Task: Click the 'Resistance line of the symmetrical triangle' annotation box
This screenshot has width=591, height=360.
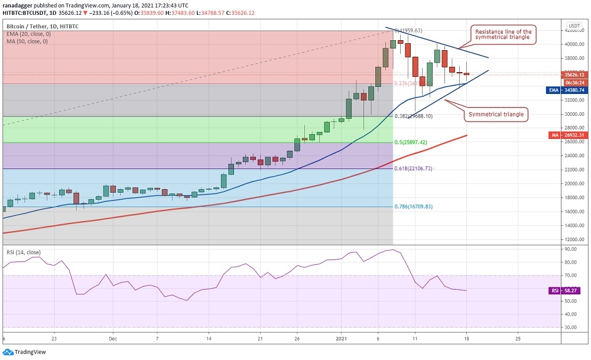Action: coord(502,34)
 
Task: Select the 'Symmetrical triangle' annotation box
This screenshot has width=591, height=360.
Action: coord(496,114)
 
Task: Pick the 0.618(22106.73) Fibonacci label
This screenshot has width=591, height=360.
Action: coord(414,168)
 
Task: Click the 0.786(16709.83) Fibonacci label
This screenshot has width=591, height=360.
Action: coord(414,207)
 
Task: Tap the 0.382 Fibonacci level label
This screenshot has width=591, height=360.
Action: coord(414,116)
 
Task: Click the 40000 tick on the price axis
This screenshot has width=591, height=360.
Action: coord(571,44)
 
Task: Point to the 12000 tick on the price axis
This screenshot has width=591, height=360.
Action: coord(571,239)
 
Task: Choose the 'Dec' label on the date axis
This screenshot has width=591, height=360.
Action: coord(113,339)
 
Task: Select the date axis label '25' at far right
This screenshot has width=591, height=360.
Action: coord(518,339)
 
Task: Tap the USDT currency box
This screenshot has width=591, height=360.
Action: coord(574,26)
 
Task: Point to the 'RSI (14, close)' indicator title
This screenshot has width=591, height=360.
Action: coord(27,253)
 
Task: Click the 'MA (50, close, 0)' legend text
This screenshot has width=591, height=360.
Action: coord(28,41)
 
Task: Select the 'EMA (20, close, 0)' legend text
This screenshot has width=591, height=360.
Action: coord(29,34)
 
